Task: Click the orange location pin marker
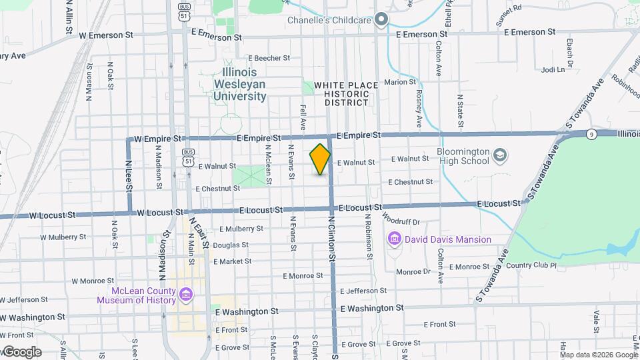point(321,159)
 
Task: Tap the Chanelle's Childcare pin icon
point(381,20)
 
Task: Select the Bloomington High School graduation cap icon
point(499,156)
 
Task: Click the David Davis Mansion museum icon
point(394,239)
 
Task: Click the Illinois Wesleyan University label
point(240,84)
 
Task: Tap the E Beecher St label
point(267,59)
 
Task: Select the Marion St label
point(399,83)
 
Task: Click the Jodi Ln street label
point(553,69)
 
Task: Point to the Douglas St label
point(231,245)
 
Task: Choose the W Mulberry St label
point(63,237)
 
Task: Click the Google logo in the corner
point(21,352)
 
